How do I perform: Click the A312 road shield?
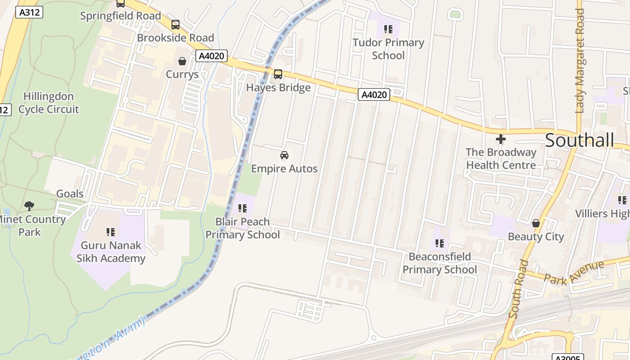click(29, 12)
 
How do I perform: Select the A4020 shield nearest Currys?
click(211, 56)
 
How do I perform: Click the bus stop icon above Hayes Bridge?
click(278, 74)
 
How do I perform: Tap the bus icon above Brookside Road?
click(175, 25)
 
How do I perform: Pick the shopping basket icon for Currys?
click(182, 61)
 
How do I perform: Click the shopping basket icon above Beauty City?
click(535, 223)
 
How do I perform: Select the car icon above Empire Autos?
click(284, 156)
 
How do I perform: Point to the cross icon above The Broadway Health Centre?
click(500, 139)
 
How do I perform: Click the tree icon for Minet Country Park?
click(29, 206)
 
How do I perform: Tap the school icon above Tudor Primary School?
click(388, 30)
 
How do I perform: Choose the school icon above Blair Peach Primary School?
click(243, 208)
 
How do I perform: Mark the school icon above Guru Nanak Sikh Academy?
click(111, 232)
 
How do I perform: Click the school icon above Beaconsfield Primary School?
click(440, 243)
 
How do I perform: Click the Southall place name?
click(579, 140)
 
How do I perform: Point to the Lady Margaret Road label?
click(580, 61)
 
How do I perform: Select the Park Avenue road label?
click(573, 272)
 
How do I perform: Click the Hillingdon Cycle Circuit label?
click(49, 103)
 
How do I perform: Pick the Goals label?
click(70, 194)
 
